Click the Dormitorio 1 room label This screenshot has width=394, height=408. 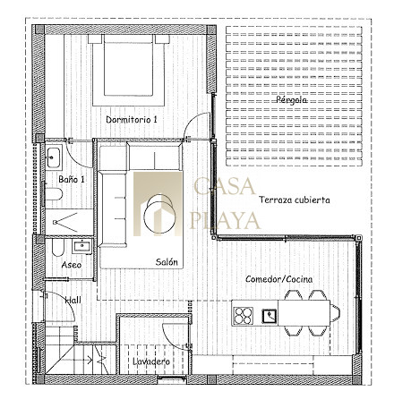coord(132,120)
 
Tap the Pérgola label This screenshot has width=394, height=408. coord(291,99)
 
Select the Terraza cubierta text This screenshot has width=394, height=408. coord(295,200)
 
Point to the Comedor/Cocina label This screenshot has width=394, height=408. coord(279,279)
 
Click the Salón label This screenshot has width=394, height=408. coord(167,262)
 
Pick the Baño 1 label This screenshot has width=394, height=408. coord(72,179)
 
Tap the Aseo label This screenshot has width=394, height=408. coord(72,265)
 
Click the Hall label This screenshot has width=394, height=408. coord(73,300)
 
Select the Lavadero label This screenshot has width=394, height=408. coord(151,361)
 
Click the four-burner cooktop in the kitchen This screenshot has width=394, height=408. coord(244,316)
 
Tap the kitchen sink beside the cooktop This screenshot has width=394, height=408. coord(270,316)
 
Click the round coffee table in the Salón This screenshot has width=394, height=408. coord(158,214)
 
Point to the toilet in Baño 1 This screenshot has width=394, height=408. coord(54,194)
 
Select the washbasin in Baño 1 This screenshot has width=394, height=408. coord(54,157)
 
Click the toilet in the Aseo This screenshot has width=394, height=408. coord(58,248)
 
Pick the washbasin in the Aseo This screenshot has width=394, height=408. coord(82,246)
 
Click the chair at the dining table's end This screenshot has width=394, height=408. coord(335,314)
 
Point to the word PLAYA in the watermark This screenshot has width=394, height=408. coord(225,221)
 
